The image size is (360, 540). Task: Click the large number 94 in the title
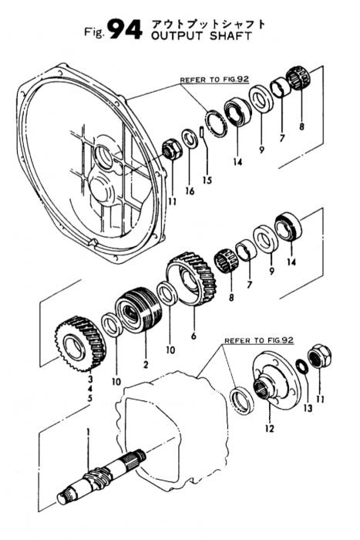[x=126, y=29]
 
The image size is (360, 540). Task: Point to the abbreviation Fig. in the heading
[x=94, y=32]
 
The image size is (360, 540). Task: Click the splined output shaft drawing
[x=102, y=479]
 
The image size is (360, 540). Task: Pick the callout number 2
[x=146, y=364]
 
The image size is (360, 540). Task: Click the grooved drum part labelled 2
[x=138, y=309]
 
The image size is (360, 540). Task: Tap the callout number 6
[x=193, y=335]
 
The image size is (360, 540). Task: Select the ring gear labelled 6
[x=191, y=278]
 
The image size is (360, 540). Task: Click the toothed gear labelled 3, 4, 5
[x=80, y=343]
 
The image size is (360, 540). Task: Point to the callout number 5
[x=90, y=399]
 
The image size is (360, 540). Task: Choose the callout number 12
[x=270, y=428]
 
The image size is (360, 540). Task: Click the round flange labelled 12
[x=275, y=380]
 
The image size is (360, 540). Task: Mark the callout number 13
[x=308, y=408]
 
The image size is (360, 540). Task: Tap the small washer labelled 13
[x=301, y=366]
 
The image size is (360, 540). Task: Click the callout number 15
[x=207, y=180]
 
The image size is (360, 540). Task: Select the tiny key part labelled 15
[x=203, y=132]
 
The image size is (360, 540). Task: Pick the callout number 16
[x=190, y=191]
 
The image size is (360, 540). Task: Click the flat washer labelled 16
[x=190, y=138]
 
